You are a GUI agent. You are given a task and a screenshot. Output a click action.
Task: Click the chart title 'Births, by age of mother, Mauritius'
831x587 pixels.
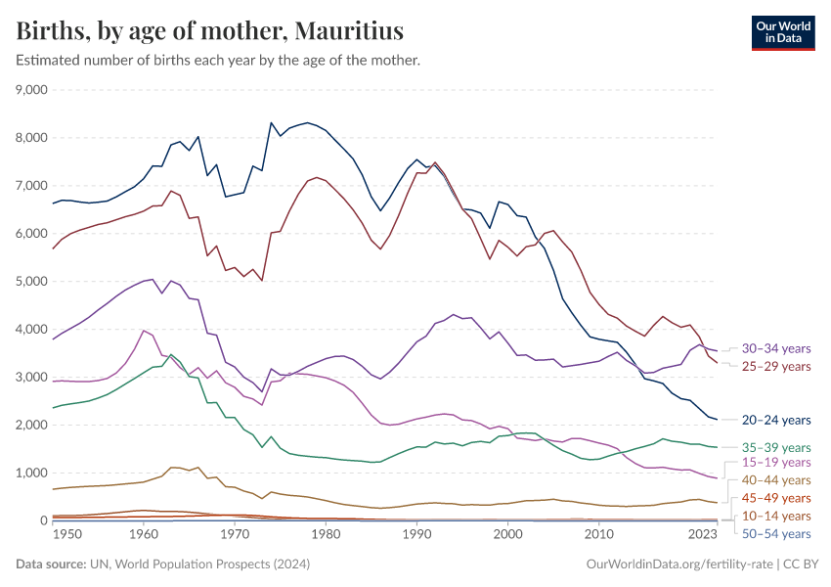210,31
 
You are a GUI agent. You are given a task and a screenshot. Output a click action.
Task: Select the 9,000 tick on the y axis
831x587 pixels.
32,90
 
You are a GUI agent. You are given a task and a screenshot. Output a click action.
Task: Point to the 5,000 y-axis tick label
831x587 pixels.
32,282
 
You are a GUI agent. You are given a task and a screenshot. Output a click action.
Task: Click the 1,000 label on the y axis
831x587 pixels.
32,474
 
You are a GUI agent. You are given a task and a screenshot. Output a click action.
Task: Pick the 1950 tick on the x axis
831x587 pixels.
61,535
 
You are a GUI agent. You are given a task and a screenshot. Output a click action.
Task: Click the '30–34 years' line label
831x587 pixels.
775,348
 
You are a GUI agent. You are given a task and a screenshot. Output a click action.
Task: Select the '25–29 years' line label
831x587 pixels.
775,366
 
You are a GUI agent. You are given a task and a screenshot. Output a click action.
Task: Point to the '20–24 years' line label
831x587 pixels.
775,420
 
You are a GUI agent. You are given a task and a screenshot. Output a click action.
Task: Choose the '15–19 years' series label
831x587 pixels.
775,462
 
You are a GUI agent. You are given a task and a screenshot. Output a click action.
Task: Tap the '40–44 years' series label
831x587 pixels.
775,479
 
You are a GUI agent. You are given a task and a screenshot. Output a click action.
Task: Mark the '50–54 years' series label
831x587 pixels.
775,533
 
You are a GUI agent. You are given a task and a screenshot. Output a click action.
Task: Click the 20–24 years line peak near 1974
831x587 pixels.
271,122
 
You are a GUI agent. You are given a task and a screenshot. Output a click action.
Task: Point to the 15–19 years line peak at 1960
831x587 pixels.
144,331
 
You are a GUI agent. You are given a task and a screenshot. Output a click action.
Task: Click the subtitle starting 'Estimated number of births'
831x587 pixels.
218,61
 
